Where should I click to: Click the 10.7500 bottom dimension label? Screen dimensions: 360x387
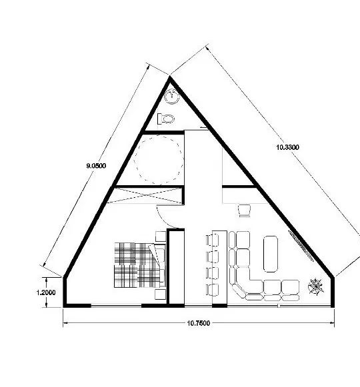pyautogui.click(x=199, y=323)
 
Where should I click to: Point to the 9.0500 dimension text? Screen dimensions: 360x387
pyautogui.click(x=96, y=166)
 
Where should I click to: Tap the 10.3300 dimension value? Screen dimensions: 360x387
pyautogui.click(x=287, y=147)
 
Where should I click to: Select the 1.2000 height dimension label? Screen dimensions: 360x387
pyautogui.click(x=46, y=292)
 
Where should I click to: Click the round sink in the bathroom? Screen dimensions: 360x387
pyautogui.click(x=172, y=97)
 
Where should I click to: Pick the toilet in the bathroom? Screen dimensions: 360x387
pyautogui.click(x=166, y=119)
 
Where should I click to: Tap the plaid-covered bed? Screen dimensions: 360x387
pyautogui.click(x=139, y=265)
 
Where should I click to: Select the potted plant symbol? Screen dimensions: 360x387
pyautogui.click(x=316, y=286)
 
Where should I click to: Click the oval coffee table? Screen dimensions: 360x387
pyautogui.click(x=271, y=254)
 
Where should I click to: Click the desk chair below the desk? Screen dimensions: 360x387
pyautogui.click(x=245, y=210)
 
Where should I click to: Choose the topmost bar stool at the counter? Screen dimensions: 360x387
pyautogui.click(x=212, y=240)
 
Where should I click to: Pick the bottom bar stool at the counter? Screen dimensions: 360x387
pyautogui.click(x=212, y=290)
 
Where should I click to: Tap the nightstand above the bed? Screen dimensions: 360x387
pyautogui.click(x=161, y=236)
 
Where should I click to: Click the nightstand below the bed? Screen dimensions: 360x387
pyautogui.click(x=160, y=294)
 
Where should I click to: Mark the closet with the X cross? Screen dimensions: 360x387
pyautogui.click(x=146, y=195)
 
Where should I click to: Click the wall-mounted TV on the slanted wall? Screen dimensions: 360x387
pyautogui.click(x=301, y=246)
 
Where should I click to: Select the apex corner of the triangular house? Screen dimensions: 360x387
pyautogui.click(x=170, y=77)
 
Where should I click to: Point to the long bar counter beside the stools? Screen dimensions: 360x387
pyautogui.click(x=219, y=268)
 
